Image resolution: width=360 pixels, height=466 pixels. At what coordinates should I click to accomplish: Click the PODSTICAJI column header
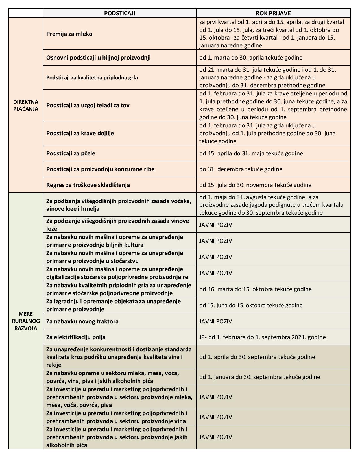point(119,13)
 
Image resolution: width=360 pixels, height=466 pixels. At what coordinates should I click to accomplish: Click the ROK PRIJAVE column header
point(273,13)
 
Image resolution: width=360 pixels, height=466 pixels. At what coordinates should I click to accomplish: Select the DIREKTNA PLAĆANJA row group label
point(26,105)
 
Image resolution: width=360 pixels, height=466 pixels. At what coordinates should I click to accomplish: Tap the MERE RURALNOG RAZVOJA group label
point(26,321)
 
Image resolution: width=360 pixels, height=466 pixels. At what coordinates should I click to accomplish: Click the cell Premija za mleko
point(69,34)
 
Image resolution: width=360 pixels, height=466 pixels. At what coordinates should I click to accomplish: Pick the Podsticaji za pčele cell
point(71,153)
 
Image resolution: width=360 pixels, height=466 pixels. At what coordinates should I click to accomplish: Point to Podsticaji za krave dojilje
point(80,133)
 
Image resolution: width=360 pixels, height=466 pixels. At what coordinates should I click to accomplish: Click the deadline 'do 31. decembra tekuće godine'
point(241,169)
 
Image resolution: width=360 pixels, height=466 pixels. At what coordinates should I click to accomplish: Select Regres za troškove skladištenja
point(88,185)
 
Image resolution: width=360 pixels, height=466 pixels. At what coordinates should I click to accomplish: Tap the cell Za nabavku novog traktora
point(82,321)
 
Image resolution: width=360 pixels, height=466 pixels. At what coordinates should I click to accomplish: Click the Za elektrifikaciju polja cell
point(76,337)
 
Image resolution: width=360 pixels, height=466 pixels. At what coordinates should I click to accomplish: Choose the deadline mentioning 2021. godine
point(262,337)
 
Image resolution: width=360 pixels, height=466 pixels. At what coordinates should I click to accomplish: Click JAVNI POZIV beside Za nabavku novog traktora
point(216,321)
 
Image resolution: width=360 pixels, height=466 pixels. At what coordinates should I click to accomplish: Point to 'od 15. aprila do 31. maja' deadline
point(251,153)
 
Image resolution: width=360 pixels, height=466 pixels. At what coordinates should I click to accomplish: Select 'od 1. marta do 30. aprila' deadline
point(251,58)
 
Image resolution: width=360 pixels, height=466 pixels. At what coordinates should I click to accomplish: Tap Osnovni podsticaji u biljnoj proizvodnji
point(99,58)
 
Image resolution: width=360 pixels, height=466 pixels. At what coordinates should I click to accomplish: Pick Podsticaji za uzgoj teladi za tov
point(88,105)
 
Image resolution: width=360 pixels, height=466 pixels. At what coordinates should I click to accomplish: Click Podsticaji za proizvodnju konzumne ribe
point(101,169)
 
